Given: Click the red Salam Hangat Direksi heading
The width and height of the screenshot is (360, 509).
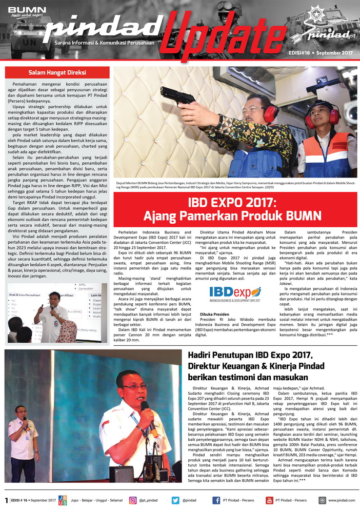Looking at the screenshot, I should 57,72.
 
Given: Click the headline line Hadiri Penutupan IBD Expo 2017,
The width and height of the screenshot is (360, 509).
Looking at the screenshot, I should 250,355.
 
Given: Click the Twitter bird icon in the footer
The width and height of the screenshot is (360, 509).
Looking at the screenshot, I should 175,500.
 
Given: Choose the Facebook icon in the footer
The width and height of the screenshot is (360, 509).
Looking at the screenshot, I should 217,500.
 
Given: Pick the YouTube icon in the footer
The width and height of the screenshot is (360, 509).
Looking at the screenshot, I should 269,500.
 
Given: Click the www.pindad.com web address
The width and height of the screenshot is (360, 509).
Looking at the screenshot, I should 342,500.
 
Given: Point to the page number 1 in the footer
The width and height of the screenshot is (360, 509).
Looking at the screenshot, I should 6,500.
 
